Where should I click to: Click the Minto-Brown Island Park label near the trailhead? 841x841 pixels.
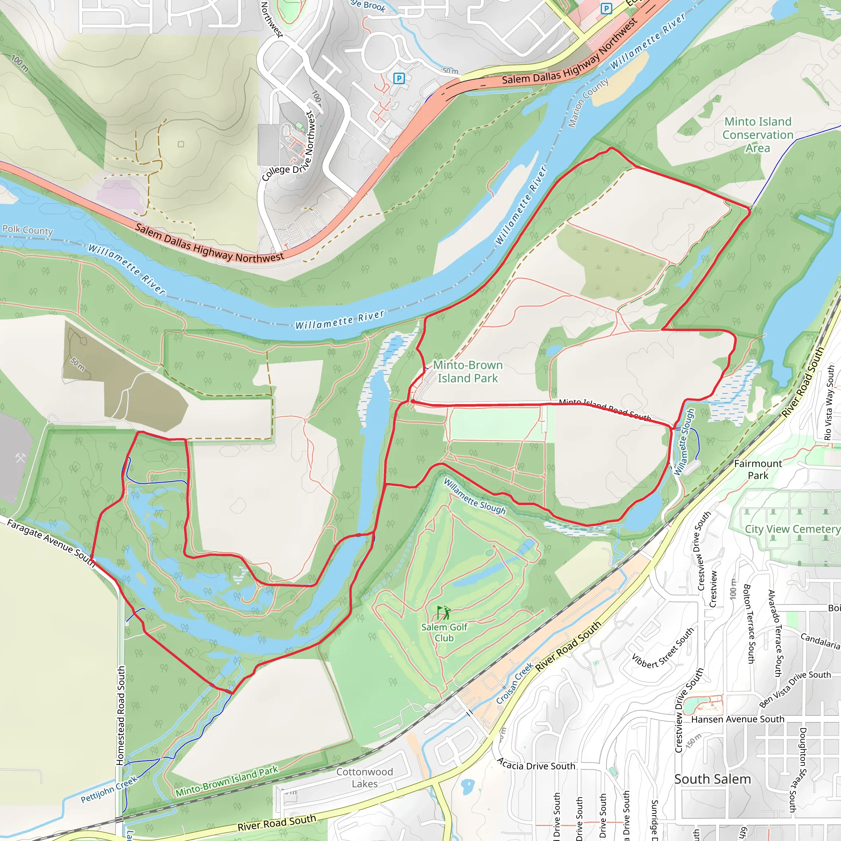point(467,371)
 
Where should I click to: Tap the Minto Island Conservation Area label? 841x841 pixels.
point(758,135)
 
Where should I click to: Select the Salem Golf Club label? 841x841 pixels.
point(444,632)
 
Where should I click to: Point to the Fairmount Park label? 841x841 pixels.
point(758,469)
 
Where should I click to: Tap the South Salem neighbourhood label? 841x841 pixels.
point(712,779)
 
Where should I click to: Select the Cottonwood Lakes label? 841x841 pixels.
point(364,777)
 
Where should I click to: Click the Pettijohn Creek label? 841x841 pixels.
point(109,789)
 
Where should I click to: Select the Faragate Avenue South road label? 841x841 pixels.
point(51,542)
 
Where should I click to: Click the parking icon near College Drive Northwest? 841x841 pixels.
point(399,78)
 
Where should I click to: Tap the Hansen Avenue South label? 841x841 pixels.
point(738,719)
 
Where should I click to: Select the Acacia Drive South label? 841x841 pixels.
point(536,765)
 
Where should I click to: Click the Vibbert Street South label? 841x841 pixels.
point(662,648)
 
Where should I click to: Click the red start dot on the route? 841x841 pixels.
point(412,401)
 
